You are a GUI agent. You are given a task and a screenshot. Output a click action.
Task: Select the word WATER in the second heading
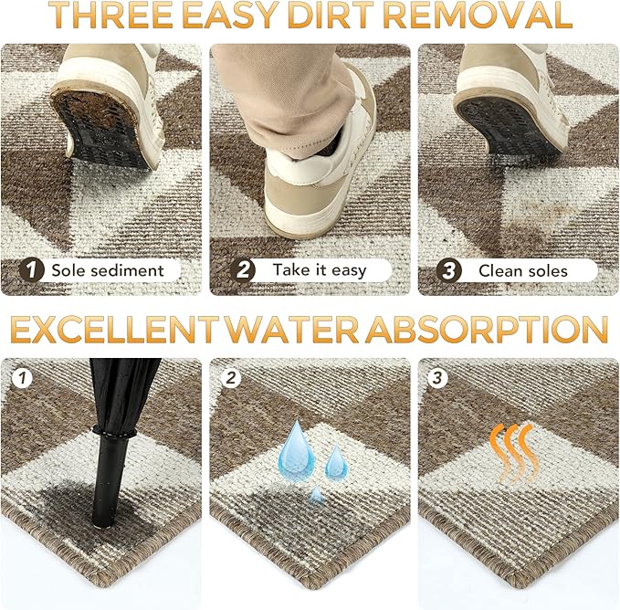291,330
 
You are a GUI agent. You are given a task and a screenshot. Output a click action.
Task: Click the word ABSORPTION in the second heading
487,330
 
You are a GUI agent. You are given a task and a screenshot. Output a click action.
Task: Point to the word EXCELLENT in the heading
115,330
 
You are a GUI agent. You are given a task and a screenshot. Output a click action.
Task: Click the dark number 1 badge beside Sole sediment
31,270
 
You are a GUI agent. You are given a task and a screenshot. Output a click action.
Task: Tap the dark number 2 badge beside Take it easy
242,270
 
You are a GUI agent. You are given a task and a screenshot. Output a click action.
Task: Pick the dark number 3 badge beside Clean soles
448,271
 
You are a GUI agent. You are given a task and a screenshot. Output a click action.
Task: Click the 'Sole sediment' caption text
108,271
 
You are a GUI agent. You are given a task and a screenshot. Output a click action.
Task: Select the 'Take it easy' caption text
320,270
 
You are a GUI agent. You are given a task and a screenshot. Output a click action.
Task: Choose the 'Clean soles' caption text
523,271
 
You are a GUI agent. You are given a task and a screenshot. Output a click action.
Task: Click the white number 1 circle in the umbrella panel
22,378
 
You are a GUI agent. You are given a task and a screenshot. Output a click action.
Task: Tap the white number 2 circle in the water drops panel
231,378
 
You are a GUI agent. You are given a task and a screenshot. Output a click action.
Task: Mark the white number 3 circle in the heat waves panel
437,378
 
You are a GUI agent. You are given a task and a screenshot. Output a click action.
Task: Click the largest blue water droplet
296,447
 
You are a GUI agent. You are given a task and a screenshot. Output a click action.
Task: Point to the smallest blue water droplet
316,495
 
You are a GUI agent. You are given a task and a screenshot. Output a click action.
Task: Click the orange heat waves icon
514,453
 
